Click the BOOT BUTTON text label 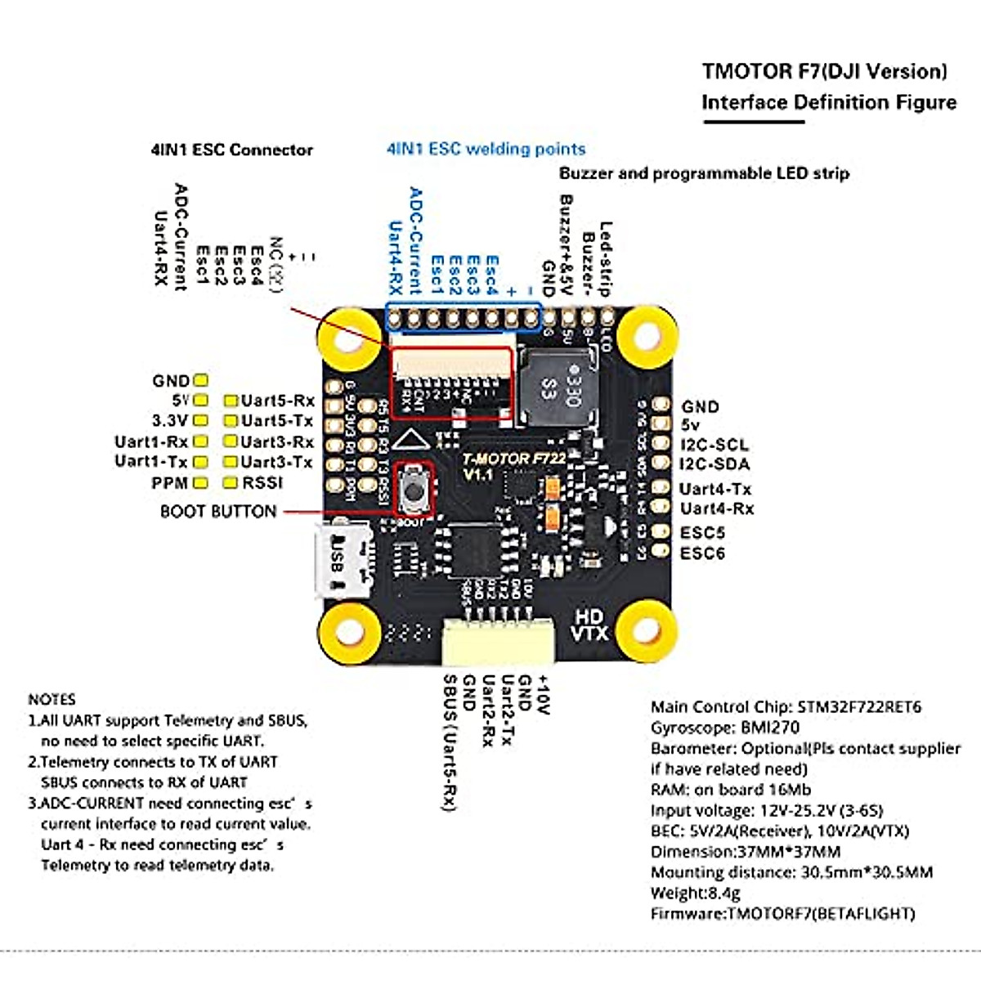tap(218, 512)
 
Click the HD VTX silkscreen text tap(589, 625)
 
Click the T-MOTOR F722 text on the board tap(513, 459)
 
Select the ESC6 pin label tap(702, 553)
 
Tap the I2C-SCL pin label tap(714, 446)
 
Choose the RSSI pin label tap(262, 483)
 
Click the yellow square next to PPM tap(200, 483)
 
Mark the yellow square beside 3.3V tap(200, 421)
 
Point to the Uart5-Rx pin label tap(277, 401)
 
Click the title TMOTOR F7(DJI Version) tap(824, 71)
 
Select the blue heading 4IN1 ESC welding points tap(486, 150)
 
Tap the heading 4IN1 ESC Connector tap(231, 150)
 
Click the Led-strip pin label tap(606, 258)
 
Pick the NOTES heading tap(52, 700)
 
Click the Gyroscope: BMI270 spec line tap(725, 728)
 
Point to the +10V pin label tap(544, 695)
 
